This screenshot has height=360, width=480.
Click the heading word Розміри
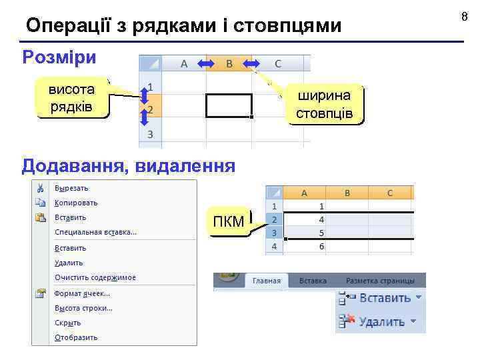point(59,57)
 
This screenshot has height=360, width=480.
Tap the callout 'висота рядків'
point(72,98)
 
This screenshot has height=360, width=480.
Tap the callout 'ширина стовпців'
point(324,104)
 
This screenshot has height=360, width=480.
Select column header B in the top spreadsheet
point(229,63)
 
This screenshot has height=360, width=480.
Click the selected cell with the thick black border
point(229,105)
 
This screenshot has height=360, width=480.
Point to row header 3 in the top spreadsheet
point(150,134)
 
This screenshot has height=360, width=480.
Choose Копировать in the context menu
point(76,203)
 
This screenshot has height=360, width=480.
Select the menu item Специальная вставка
point(95,232)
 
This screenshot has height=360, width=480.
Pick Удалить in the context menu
point(69,263)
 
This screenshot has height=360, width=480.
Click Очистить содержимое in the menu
point(95,277)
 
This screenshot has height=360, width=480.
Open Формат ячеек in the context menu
point(82,293)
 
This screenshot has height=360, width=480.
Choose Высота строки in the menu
point(83,308)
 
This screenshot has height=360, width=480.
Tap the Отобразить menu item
point(76,337)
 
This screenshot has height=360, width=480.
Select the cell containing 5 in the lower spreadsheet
point(305,233)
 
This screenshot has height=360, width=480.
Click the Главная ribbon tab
point(267,281)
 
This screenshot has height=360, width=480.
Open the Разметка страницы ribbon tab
point(379,281)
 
